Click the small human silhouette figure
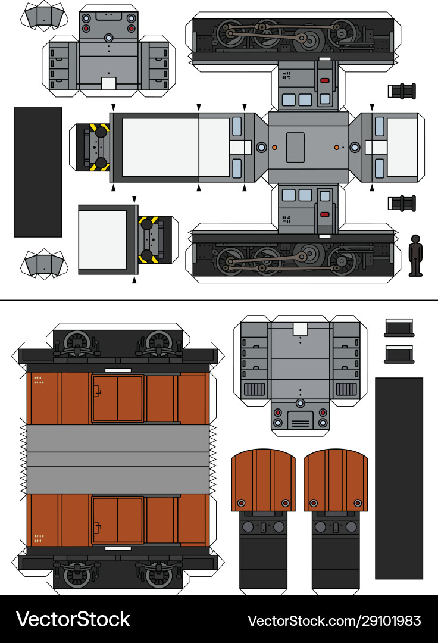415,255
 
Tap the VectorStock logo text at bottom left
73,619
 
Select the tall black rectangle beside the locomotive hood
37,172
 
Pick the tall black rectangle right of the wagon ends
399,477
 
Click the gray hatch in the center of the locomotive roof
295,147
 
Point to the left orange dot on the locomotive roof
274,147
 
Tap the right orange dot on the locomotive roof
336,147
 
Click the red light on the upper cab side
325,80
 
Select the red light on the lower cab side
325,214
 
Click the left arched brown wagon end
263,480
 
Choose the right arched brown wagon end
336,480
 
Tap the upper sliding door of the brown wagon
117,398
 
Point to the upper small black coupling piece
402,91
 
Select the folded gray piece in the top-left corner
45,16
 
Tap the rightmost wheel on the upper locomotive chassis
342,33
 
